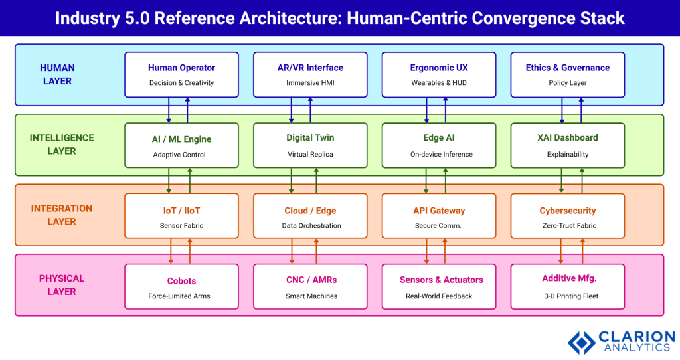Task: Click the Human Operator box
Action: click(181, 74)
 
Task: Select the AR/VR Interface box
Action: click(310, 74)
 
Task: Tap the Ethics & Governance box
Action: click(567, 74)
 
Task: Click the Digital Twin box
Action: click(310, 145)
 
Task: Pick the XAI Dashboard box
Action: click(567, 145)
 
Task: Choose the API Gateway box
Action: click(439, 216)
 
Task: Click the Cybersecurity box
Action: click(567, 216)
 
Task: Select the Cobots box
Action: click(181, 286)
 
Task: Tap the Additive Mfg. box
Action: click(567, 286)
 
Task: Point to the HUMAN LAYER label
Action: click(57, 74)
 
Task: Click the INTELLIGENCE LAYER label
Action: click(62, 145)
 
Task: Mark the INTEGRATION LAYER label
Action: click(62, 215)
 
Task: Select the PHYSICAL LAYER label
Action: click(62, 285)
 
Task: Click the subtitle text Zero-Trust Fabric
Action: click(567, 226)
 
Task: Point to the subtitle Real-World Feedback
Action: click(439, 296)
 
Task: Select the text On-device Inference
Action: click(439, 155)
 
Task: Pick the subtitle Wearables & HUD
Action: click(439, 84)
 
